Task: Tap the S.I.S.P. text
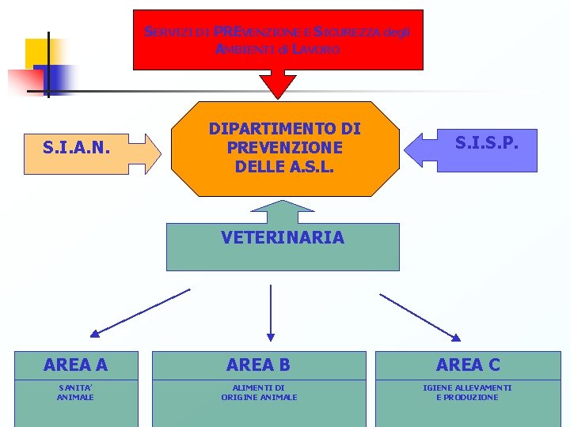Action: (x=486, y=142)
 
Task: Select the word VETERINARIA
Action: (x=283, y=237)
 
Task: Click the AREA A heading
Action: (x=76, y=365)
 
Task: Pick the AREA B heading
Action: (x=258, y=365)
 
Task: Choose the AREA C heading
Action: (x=468, y=365)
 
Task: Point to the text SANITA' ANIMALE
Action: (x=75, y=392)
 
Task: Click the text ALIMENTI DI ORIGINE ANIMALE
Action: (x=259, y=392)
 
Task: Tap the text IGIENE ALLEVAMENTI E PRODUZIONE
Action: (x=467, y=392)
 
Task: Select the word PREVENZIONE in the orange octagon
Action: (x=284, y=147)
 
